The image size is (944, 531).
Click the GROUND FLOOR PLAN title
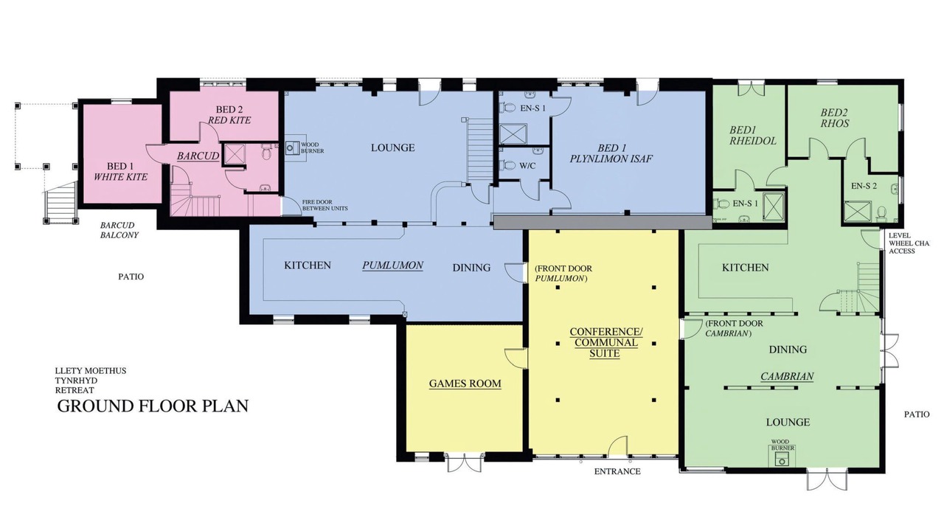pyautogui.click(x=153, y=406)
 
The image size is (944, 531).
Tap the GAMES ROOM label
pyautogui.click(x=465, y=383)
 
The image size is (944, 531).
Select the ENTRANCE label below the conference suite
pyautogui.click(x=617, y=471)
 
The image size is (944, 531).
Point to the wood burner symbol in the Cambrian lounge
pyautogui.click(x=782, y=460)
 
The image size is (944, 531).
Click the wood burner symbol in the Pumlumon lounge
pyautogui.click(x=291, y=148)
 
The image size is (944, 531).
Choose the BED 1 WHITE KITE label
pyautogui.click(x=120, y=171)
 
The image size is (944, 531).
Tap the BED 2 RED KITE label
pyautogui.click(x=229, y=115)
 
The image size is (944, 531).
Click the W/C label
pyautogui.click(x=527, y=166)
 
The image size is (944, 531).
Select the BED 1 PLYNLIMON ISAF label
pyautogui.click(x=611, y=153)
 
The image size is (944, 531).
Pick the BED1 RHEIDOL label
pyautogui.click(x=753, y=135)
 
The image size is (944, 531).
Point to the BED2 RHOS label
pyautogui.click(x=834, y=118)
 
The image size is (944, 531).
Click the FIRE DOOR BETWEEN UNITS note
pyautogui.click(x=324, y=205)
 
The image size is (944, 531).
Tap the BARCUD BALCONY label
pyautogui.click(x=119, y=230)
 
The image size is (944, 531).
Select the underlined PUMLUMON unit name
pyautogui.click(x=393, y=265)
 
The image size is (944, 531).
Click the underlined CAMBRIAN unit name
pyautogui.click(x=787, y=376)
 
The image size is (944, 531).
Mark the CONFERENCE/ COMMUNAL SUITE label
pyautogui.click(x=606, y=343)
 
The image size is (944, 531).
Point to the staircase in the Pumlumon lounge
pyautogui.click(x=479, y=149)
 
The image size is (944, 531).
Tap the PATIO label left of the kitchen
pyautogui.click(x=131, y=277)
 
